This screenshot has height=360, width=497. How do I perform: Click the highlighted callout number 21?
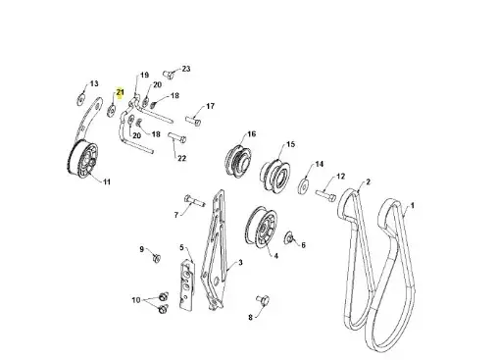121,92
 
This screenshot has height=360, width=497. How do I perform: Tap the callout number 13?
94,83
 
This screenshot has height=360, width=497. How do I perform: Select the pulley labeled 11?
82,159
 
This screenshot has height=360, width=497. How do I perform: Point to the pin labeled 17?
193,120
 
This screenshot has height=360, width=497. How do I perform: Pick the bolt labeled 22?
177,136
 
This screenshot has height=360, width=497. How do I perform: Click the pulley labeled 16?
238,159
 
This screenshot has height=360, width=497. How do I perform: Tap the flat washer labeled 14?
304,186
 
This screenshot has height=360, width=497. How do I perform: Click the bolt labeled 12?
325,195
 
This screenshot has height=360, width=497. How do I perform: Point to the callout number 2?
368,181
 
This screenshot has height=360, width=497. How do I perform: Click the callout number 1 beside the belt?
413,206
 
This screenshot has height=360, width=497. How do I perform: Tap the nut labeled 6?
288,237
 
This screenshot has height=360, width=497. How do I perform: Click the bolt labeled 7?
194,200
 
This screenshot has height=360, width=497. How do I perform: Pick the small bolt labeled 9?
157,258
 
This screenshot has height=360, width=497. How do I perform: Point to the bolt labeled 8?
263,299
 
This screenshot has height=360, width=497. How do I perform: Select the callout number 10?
136,300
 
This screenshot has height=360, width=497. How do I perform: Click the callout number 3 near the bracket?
240,263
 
